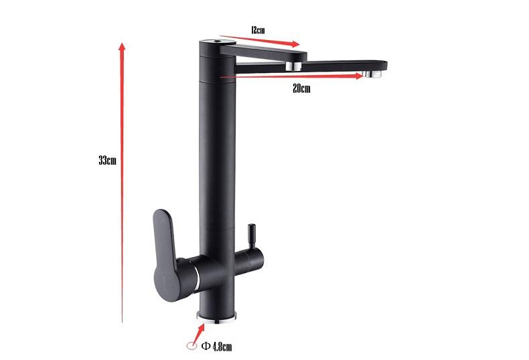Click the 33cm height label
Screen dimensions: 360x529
[x=108, y=161]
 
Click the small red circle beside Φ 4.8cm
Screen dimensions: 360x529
[x=192, y=346]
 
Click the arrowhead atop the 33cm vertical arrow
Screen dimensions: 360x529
[x=123, y=46]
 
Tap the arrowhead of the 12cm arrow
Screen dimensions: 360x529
[x=297, y=46]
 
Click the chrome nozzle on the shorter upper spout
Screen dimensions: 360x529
[x=293, y=66]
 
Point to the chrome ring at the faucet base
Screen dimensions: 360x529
[x=216, y=318]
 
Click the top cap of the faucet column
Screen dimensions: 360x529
[x=216, y=41]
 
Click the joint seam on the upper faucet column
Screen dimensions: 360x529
[x=216, y=78]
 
